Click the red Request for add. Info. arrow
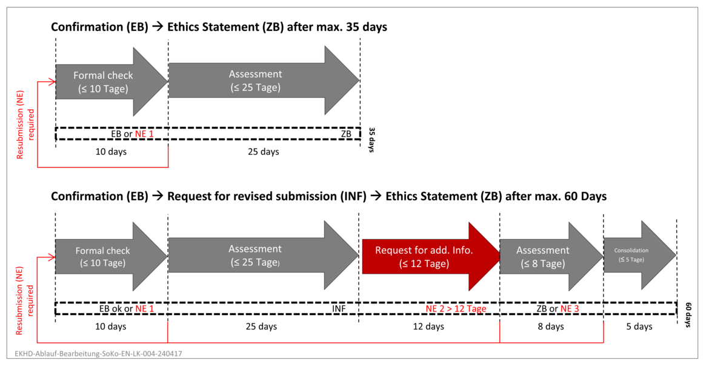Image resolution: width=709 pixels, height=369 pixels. (x=430, y=256)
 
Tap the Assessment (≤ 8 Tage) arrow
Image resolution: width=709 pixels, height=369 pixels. (x=551, y=256)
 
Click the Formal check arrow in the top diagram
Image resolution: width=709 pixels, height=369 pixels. (x=112, y=82)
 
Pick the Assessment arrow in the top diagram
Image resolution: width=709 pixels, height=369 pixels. (x=264, y=81)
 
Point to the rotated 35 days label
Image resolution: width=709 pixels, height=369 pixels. (x=371, y=140)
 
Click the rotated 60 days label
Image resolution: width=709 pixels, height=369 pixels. (x=688, y=314)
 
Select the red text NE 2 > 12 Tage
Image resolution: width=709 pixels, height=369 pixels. (x=456, y=309)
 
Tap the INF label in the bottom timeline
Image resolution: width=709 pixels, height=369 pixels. (x=339, y=309)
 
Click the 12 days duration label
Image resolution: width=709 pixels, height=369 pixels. (x=428, y=327)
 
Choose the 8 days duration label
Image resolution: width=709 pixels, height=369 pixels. (x=551, y=327)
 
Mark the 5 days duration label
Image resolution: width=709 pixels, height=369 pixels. (x=639, y=327)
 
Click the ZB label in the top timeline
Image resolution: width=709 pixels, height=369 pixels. (x=347, y=134)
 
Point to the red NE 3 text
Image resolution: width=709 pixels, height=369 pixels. (x=570, y=309)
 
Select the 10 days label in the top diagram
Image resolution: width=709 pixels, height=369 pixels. (x=111, y=152)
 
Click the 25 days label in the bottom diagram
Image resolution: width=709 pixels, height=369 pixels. (x=261, y=327)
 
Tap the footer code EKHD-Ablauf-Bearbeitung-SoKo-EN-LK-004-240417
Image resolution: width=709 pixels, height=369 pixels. (x=99, y=354)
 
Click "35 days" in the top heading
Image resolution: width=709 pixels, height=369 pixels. (x=366, y=27)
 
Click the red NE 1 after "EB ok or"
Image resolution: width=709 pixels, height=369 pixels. (x=145, y=309)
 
